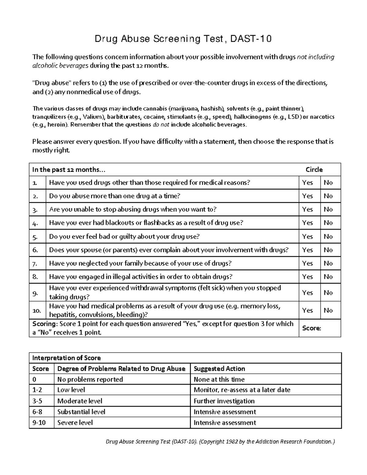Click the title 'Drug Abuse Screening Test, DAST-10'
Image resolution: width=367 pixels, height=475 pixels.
183,39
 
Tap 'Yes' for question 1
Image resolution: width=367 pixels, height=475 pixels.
307,183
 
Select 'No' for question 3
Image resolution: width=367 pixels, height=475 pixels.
328,210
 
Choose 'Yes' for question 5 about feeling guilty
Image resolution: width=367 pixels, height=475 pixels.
307,236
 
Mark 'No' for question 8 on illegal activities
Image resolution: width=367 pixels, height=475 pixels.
328,277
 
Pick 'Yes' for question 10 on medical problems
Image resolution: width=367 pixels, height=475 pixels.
307,310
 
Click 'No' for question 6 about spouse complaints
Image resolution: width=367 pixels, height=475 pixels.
328,250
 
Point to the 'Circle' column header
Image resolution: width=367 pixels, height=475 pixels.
314,169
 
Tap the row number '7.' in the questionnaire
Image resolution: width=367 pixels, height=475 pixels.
35,263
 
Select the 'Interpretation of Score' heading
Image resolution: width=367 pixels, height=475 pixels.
66,358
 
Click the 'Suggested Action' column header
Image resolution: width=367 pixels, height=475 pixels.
219,369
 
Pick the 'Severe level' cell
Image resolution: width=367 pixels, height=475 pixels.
75,423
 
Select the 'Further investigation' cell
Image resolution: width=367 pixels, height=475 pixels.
224,401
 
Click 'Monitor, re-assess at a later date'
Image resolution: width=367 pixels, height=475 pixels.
242,390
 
